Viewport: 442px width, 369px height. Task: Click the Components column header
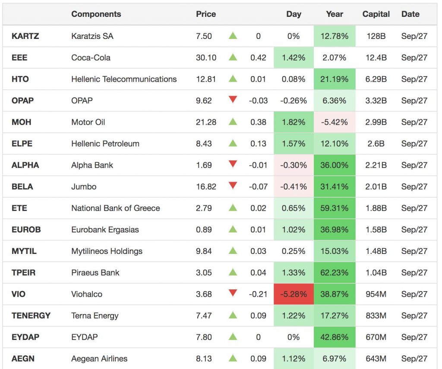coord(96,14)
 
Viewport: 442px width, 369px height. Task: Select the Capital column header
coord(376,14)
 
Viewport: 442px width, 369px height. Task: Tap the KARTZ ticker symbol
coord(25,36)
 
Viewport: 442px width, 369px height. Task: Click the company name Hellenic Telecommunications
coord(124,79)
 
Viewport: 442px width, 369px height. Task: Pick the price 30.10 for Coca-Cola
coord(206,58)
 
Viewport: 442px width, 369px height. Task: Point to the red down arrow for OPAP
coord(233,100)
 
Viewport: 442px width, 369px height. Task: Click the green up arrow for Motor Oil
coord(233,122)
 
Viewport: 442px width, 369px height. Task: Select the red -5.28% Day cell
coord(294,294)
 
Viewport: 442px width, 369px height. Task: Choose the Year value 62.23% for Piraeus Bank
coord(335,273)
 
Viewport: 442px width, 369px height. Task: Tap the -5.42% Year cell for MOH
coord(335,122)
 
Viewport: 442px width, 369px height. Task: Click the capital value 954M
coord(376,294)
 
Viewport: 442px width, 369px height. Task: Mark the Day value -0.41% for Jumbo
coord(294,186)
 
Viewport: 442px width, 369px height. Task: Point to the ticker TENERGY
coord(31,316)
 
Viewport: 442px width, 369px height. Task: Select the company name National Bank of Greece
coord(116,208)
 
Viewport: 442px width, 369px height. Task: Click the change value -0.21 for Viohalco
coord(258,294)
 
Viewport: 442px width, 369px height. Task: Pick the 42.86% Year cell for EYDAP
coord(335,337)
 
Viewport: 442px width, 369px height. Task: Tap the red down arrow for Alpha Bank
coord(233,164)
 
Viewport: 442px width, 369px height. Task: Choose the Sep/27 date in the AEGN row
coord(414,359)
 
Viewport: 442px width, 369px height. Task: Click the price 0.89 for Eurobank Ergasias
coord(204,230)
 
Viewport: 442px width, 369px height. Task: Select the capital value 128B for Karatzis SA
coord(376,36)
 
